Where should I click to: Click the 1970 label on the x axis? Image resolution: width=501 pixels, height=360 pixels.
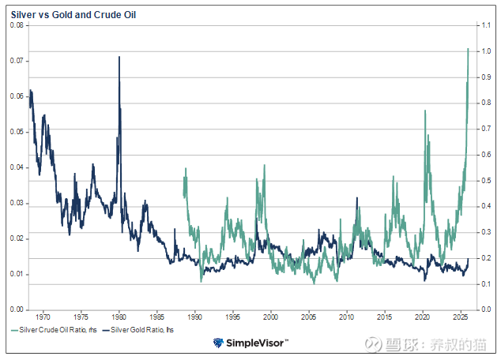(x=43, y=316)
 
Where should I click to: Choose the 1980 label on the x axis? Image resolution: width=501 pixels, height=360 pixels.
(x=119, y=316)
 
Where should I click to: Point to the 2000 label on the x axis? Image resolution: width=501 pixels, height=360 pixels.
(x=271, y=316)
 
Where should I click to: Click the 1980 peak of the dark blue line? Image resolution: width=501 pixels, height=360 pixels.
(x=119, y=57)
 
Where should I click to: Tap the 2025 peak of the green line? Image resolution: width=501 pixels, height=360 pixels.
(x=469, y=49)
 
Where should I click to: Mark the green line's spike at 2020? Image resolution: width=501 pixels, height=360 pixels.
(x=425, y=111)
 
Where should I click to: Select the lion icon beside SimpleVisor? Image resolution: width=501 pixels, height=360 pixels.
(x=219, y=343)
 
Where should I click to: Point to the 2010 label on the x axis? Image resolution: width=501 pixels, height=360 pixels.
(x=347, y=316)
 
